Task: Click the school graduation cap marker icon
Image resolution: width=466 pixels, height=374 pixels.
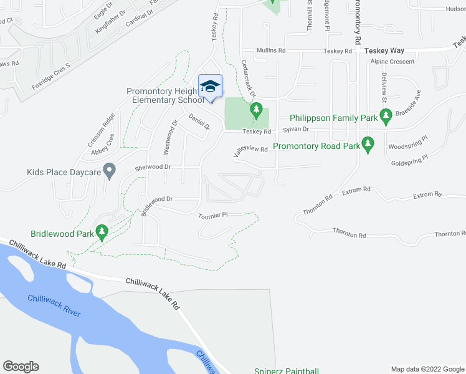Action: (x=210, y=86)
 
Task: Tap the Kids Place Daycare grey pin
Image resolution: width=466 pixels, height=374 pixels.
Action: (x=109, y=170)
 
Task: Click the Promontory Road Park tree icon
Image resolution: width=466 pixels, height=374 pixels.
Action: (x=368, y=144)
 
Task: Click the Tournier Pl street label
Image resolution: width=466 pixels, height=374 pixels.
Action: (x=213, y=214)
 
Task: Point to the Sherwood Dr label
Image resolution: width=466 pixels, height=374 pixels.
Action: (x=153, y=167)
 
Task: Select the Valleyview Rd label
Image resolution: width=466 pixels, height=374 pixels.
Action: (x=250, y=150)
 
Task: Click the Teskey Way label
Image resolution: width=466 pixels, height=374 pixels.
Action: (x=384, y=50)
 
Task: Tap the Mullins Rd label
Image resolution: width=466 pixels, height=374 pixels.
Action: (x=271, y=50)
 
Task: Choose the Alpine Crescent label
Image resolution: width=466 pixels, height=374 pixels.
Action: (x=391, y=62)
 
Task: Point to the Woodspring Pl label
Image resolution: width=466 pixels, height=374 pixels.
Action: (x=407, y=146)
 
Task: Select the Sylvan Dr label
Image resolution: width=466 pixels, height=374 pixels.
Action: (x=296, y=129)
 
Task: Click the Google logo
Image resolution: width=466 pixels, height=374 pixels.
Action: (x=21, y=367)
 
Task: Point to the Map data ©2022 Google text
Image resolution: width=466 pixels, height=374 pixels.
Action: (x=427, y=369)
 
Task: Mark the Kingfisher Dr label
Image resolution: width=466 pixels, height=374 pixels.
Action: (x=110, y=22)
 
